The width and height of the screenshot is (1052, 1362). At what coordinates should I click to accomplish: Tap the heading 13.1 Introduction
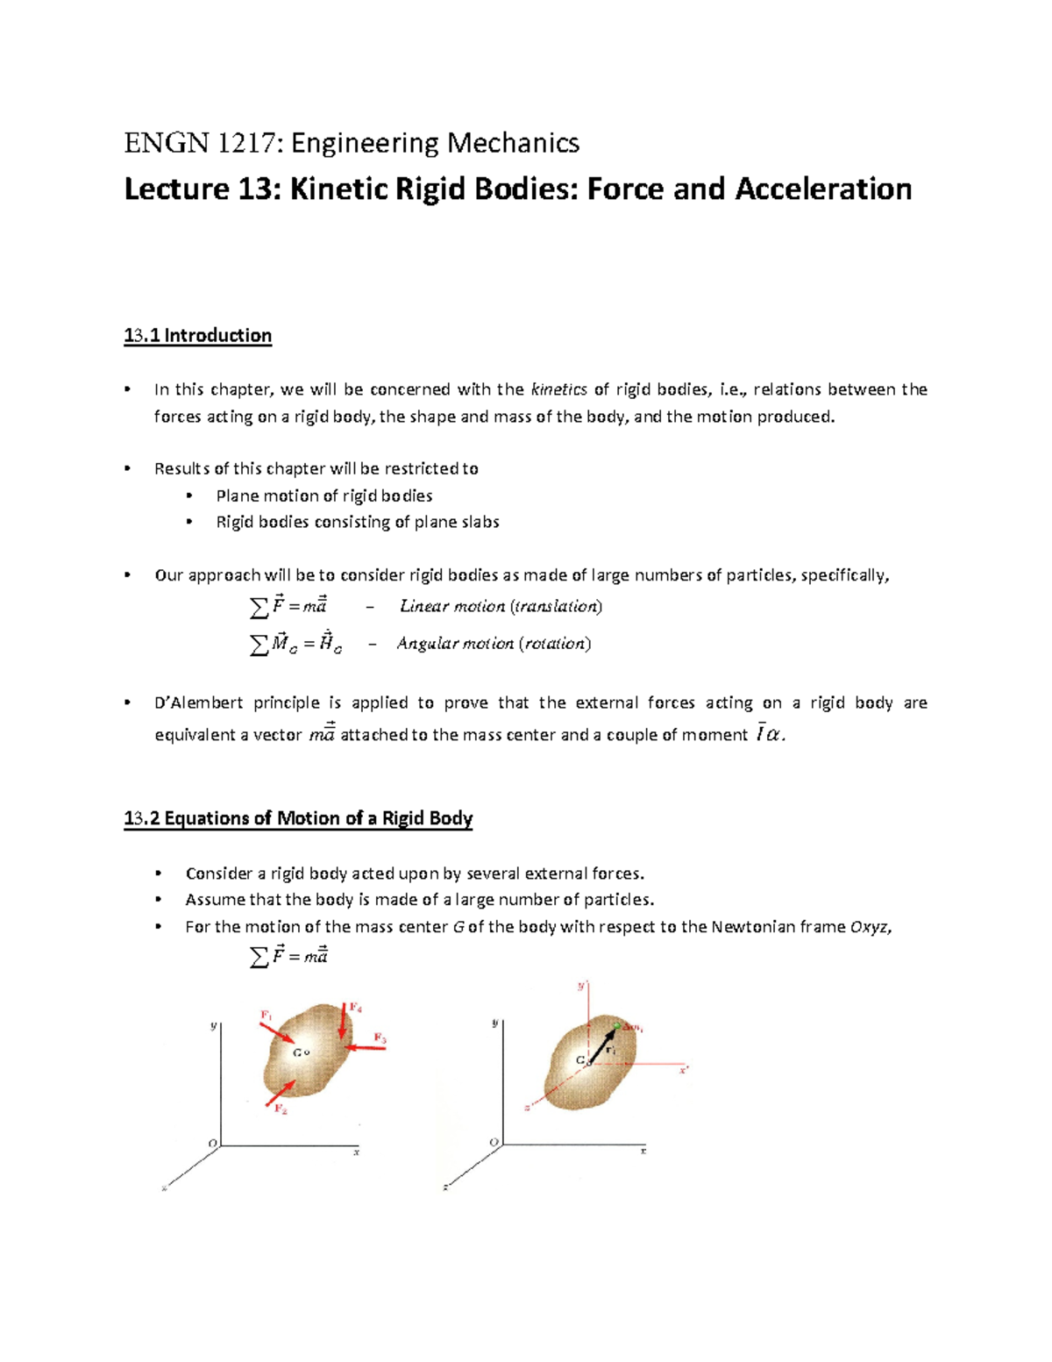pos(197,336)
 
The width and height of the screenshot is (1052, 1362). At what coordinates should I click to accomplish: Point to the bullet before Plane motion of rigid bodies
pos(189,496)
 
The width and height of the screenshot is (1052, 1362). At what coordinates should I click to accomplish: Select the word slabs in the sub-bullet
pos(479,523)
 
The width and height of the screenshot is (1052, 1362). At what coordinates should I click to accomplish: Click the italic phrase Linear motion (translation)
pos(501,606)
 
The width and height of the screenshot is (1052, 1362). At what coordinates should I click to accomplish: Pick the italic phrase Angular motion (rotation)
pos(494,644)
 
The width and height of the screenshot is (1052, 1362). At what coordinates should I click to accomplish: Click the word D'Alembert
pos(198,703)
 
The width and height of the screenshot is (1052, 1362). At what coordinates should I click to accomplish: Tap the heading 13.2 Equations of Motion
pos(298,819)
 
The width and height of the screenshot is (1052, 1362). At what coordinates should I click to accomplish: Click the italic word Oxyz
pos(870,927)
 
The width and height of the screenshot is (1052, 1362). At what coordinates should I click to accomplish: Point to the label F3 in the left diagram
pos(380,1038)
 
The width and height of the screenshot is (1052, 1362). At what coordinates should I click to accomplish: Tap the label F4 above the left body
pos(356,1008)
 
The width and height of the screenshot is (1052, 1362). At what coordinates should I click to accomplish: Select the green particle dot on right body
pos(617,1025)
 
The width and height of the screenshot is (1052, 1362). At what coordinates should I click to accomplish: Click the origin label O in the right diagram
pos(494,1142)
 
